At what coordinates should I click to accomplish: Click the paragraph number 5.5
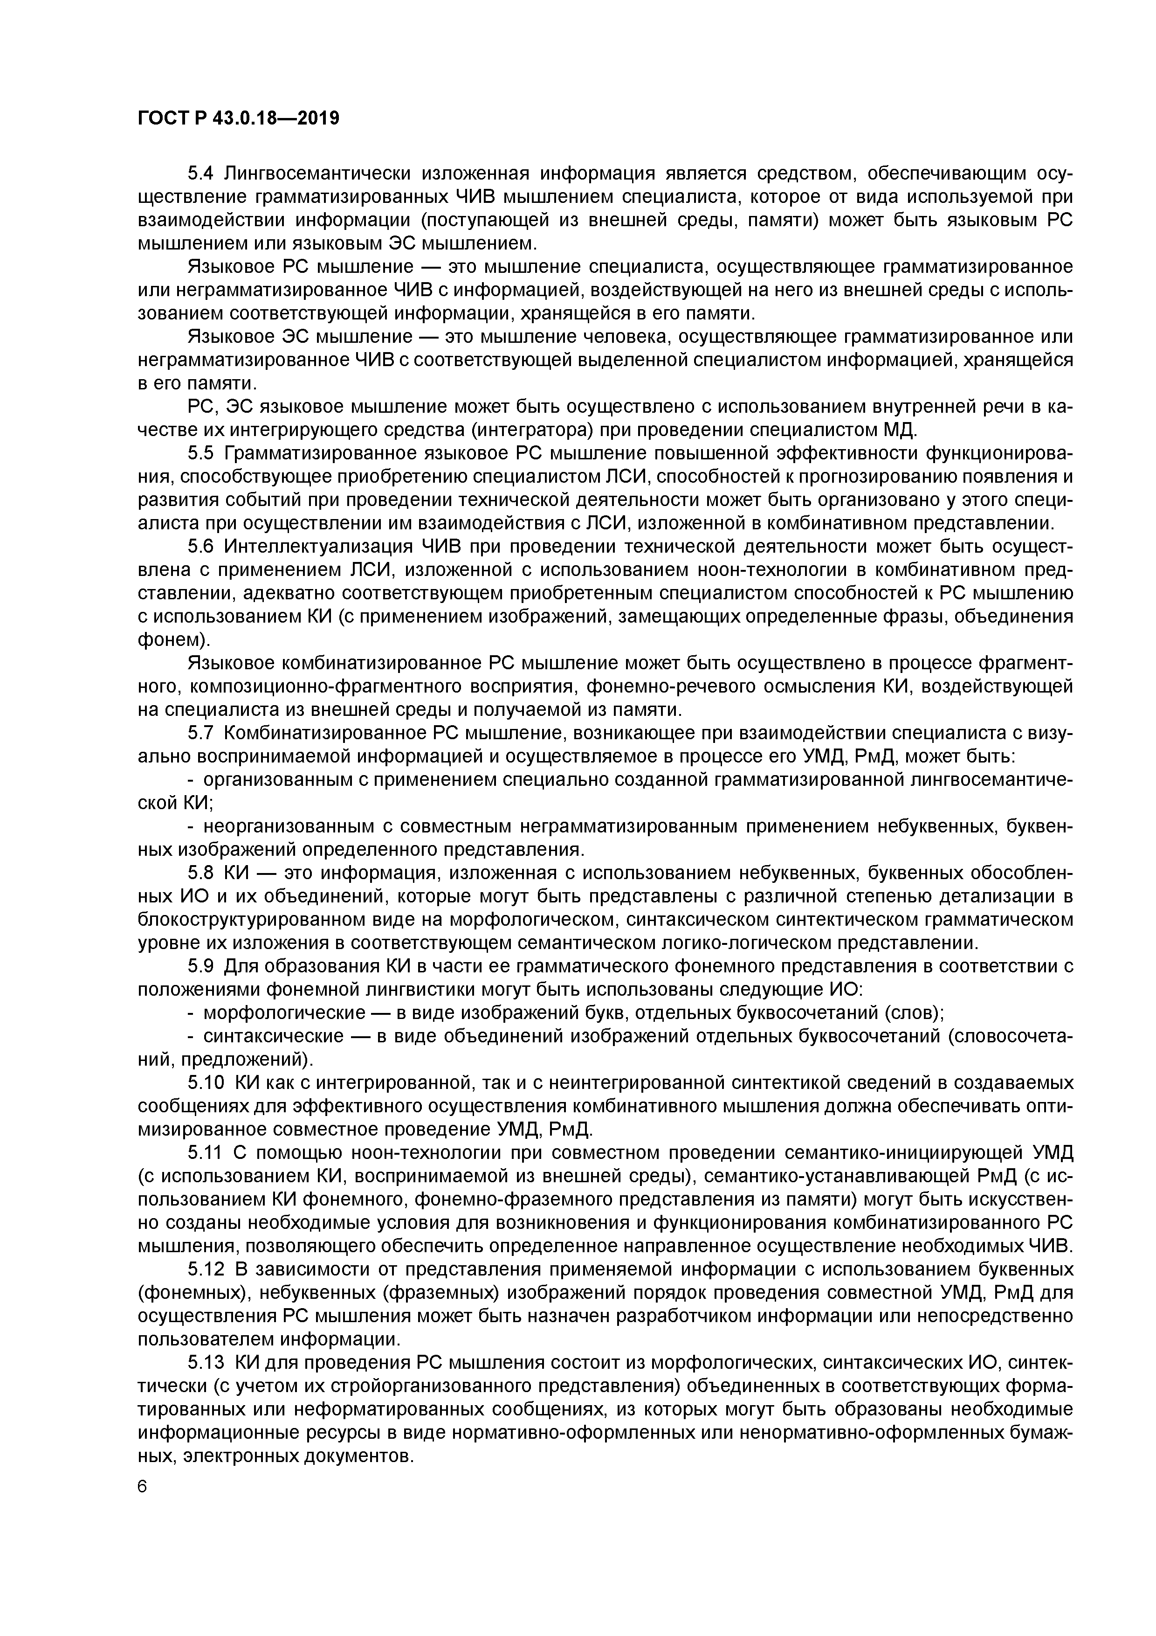tap(201, 454)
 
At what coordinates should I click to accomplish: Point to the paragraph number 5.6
tap(201, 547)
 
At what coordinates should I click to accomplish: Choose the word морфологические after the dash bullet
tap(272, 1013)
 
